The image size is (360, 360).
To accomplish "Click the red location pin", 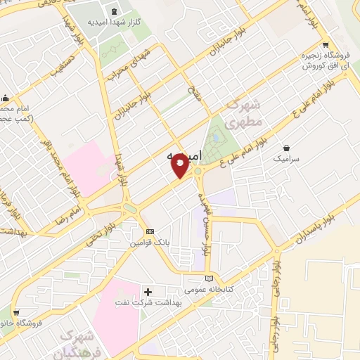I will [180, 166].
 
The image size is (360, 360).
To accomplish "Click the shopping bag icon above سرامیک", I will [287, 148].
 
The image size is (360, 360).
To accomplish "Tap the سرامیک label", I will [287, 160].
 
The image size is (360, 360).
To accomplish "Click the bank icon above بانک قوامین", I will [149, 231].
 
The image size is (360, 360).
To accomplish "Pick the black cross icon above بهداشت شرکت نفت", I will [148, 291].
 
